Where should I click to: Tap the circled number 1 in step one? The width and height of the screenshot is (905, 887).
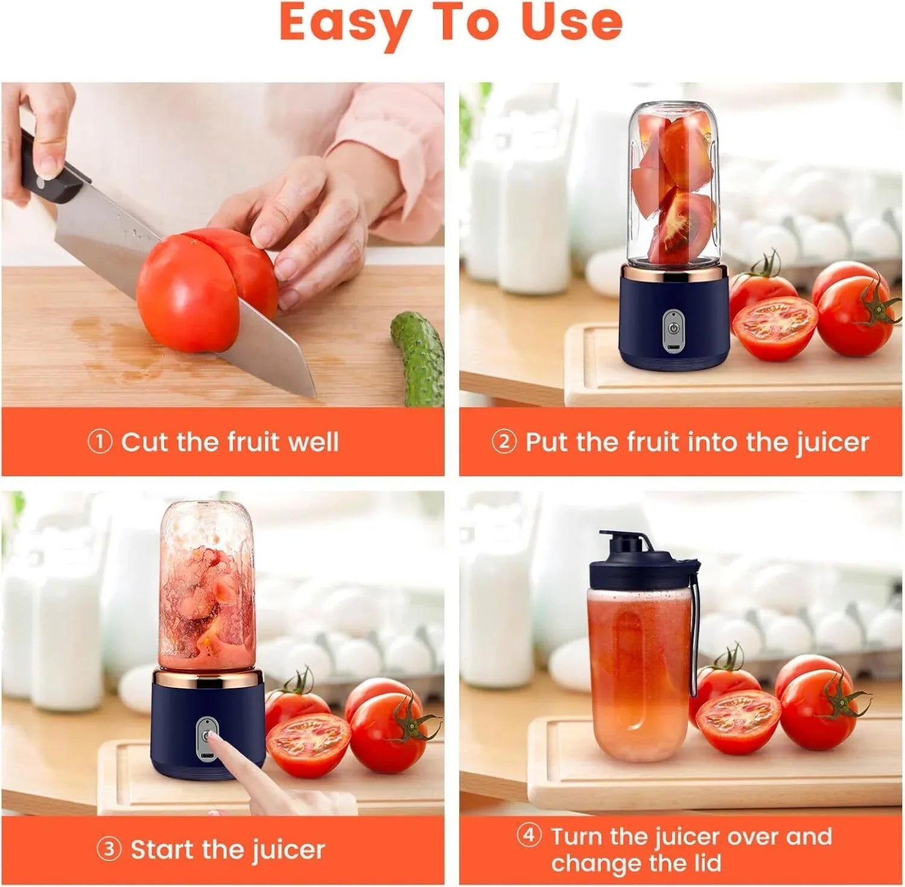click(100, 442)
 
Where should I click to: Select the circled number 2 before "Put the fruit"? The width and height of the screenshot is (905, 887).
click(504, 442)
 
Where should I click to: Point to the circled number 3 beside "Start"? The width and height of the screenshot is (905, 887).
click(109, 850)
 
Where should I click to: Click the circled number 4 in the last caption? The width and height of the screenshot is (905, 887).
click(529, 836)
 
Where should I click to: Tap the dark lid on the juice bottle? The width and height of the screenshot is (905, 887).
click(640, 564)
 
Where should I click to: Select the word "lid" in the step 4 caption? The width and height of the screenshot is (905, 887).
click(704, 863)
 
